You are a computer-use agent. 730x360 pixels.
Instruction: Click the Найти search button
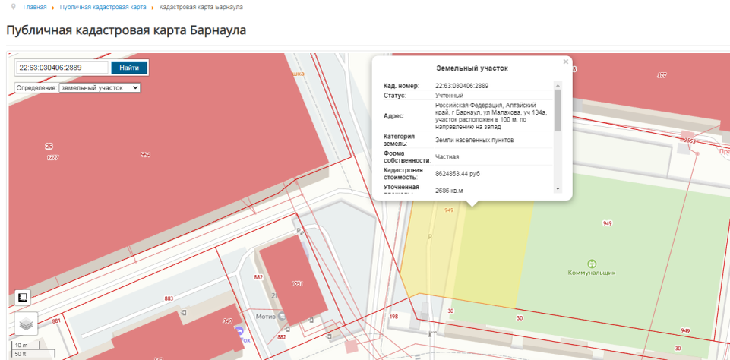[x=129, y=68]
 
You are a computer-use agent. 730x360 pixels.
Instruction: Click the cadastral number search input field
[x=62, y=68]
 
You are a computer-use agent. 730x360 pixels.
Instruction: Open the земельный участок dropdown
[x=100, y=88]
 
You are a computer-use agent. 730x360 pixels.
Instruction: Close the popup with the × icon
[x=565, y=62]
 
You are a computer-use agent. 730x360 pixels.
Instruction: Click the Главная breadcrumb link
[x=35, y=7]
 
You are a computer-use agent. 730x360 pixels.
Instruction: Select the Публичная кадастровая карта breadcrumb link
[x=103, y=7]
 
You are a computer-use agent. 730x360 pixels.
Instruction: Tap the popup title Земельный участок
[x=472, y=68]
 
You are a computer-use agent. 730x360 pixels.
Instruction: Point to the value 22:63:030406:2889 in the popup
[x=462, y=86]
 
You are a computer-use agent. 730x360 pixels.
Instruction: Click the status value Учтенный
[x=449, y=96]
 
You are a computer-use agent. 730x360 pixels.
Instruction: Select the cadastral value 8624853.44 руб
[x=468, y=174]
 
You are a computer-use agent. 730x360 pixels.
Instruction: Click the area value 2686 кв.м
[x=449, y=191]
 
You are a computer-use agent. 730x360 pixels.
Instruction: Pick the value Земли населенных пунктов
[x=475, y=141]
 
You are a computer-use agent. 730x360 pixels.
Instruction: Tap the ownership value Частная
[x=447, y=157]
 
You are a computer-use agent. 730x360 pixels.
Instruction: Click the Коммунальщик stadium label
[x=592, y=272]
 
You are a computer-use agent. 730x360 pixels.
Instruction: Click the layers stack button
[x=25, y=324]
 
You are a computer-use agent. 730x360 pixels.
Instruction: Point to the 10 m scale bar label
[x=21, y=345]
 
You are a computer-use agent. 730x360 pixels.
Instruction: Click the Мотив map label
[x=266, y=316]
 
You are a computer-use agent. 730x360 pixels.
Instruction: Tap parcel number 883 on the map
[x=168, y=299]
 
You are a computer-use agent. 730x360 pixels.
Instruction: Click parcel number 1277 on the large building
[x=52, y=157]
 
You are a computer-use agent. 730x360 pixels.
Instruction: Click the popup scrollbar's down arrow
[x=557, y=188]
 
